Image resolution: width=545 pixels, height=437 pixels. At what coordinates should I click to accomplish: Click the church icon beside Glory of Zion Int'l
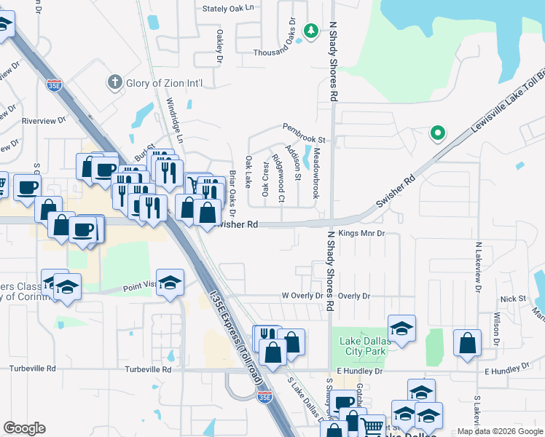(x=114, y=82)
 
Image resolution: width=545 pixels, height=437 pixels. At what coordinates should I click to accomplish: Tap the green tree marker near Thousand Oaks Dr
(x=311, y=31)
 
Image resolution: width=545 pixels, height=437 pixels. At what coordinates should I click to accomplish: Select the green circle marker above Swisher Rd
(x=437, y=133)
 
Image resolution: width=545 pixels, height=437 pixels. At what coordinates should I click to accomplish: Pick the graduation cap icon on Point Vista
(x=170, y=283)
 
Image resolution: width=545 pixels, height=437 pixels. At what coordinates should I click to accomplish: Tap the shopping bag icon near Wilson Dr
(x=467, y=343)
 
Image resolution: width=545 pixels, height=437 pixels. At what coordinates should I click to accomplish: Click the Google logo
(x=24, y=428)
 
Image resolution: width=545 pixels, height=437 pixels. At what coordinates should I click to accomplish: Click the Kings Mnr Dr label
(x=361, y=234)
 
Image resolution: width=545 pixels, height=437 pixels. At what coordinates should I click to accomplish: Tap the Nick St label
(x=513, y=299)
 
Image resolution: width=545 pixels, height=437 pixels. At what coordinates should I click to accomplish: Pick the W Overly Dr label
(x=302, y=296)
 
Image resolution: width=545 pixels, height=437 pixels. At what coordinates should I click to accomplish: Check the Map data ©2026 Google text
(x=500, y=431)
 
